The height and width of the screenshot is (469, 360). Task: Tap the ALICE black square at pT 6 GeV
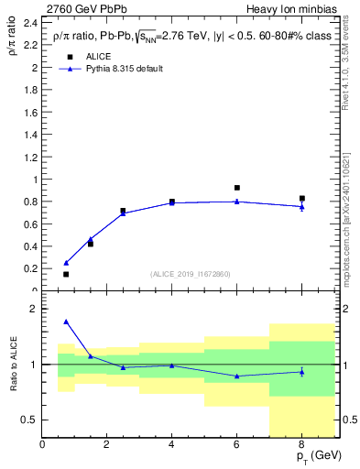(237, 188)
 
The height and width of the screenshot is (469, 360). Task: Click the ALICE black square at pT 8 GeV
(301, 199)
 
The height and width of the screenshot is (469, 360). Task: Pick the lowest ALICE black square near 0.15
(66, 274)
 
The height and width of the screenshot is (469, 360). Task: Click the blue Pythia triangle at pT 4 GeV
(171, 202)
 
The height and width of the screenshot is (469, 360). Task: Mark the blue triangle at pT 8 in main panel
(301, 207)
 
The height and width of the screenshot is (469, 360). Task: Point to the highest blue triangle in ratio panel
(66, 322)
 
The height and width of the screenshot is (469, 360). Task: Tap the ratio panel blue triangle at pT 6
(237, 376)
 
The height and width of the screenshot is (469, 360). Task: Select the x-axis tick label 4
(171, 444)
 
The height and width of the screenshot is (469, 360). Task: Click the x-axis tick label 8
(301, 444)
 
